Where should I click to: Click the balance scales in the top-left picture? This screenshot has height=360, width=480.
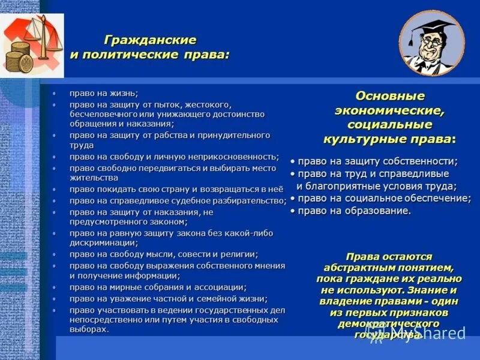[x=42, y=36]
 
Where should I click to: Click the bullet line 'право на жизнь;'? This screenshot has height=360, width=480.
[x=103, y=93]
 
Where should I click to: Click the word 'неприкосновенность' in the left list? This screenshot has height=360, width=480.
[x=235, y=157]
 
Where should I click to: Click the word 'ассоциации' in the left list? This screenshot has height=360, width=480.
[x=217, y=287]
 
